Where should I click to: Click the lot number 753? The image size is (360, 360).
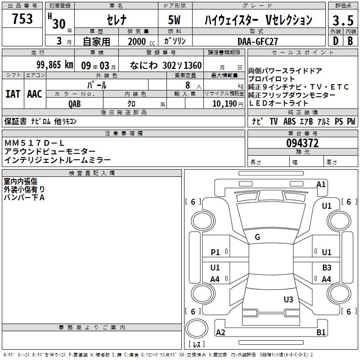pos(22,19)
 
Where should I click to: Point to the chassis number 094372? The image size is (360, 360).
pos(302,143)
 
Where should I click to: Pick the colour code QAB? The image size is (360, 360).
pos(75,103)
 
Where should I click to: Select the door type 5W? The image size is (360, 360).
pos(175,20)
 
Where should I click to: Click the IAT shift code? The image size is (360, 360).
pos(13,94)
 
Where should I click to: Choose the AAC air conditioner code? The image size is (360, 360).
pos(34,94)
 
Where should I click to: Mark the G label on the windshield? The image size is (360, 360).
pos(257,237)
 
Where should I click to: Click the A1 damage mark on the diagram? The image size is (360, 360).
pos(321,184)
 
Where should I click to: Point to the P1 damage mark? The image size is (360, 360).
pos(215,252)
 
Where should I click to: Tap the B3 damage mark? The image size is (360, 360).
pos(327,268)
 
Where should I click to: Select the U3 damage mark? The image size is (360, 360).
pos(288,299)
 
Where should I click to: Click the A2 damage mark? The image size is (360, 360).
pos(220,333)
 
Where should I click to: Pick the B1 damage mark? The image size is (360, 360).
pos(321,333)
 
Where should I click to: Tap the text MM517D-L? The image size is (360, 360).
pos(35,143)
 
